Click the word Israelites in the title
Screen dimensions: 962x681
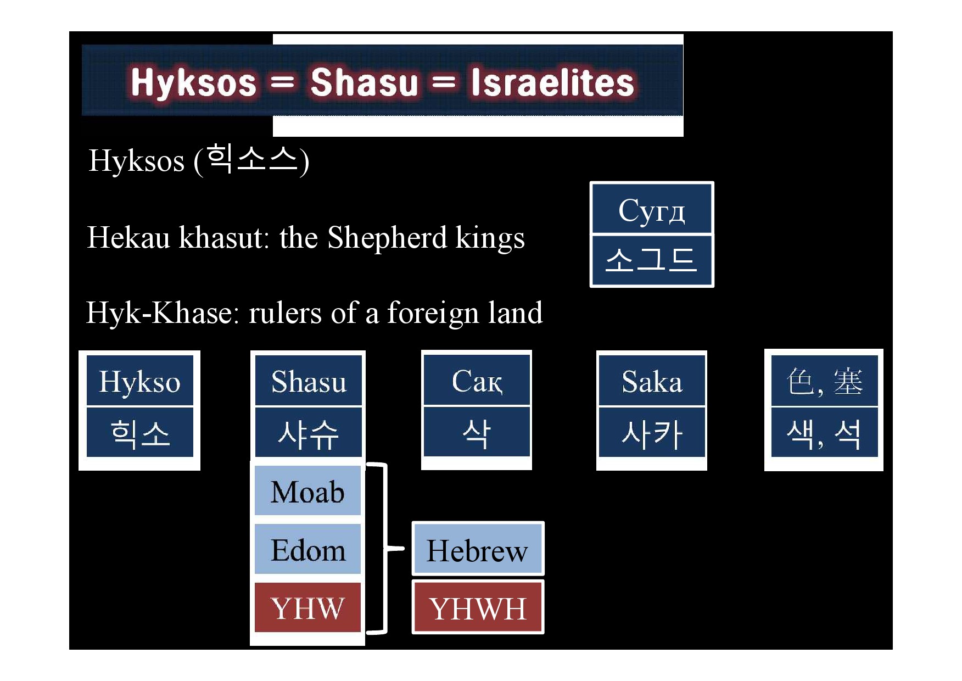coord(552,82)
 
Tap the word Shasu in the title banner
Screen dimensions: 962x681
coord(365,82)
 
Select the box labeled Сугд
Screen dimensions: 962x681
coord(652,209)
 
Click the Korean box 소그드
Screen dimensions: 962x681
coord(652,260)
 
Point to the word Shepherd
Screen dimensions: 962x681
coord(387,238)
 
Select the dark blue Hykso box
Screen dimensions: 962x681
coord(140,381)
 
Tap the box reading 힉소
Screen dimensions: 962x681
coord(140,432)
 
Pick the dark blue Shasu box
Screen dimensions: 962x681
coord(309,381)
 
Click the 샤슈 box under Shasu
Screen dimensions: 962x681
coord(309,432)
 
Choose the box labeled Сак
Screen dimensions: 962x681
coord(477,380)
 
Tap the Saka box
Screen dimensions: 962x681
coord(652,381)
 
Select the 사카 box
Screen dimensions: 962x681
coord(652,432)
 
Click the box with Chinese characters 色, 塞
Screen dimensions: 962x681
coord(824,381)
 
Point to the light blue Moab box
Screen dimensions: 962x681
coord(308,491)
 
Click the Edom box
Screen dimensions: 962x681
coord(308,549)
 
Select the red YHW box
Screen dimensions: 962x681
coord(308,607)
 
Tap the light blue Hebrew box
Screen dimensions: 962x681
coord(478,549)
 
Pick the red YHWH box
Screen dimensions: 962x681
coord(478,607)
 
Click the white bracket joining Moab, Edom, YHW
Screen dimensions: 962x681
coord(385,548)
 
